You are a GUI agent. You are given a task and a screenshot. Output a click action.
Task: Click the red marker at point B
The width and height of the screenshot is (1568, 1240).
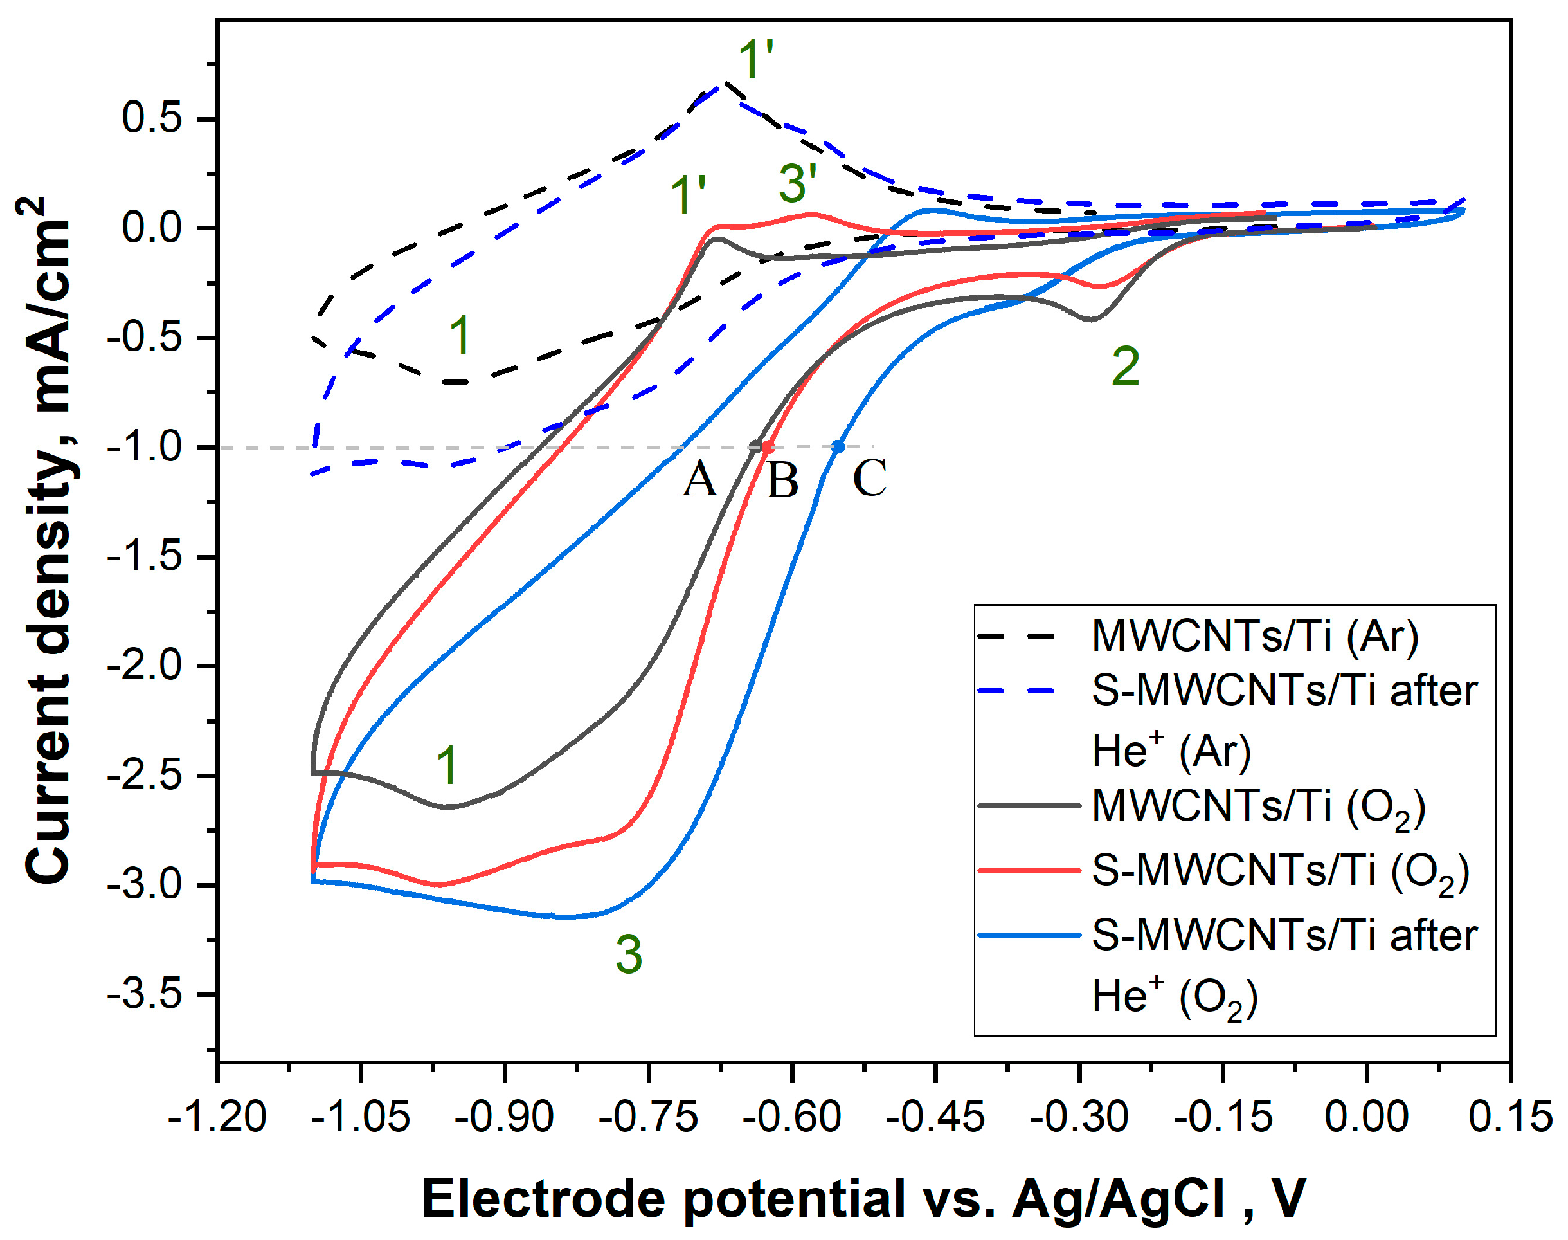click(768, 447)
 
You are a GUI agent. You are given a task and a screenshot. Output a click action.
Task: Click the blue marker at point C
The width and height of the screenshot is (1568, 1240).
click(838, 446)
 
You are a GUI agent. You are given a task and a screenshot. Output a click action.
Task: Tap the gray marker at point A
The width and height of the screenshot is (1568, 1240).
click(755, 446)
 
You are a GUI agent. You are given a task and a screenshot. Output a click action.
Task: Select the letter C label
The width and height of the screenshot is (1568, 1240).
click(869, 479)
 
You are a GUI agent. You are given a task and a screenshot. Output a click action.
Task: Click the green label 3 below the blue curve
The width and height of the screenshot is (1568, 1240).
click(628, 954)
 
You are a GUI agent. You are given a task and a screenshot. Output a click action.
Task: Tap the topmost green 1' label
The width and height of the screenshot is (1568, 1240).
click(755, 60)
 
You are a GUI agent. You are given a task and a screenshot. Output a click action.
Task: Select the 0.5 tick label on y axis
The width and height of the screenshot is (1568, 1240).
click(152, 118)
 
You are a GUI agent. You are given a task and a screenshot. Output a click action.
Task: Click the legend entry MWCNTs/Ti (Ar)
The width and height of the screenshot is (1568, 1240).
click(1254, 637)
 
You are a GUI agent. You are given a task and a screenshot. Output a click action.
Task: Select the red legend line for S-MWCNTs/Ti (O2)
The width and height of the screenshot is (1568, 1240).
click(1029, 870)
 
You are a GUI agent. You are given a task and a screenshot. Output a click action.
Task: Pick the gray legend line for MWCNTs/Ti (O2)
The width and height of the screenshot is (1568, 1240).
click(1029, 806)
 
